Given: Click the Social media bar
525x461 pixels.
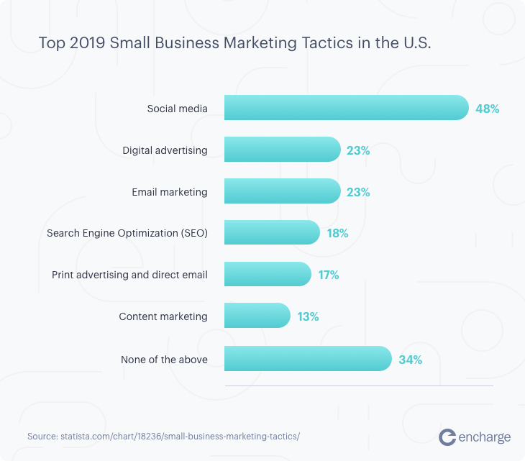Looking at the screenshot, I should point(346,108).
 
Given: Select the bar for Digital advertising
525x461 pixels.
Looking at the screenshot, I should point(282,150).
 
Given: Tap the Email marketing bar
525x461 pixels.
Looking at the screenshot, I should point(282,191).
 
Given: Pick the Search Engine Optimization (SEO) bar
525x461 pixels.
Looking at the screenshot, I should point(272,233).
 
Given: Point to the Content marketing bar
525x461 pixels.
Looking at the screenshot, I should point(257,316).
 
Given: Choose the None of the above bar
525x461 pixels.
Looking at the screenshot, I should point(308,358).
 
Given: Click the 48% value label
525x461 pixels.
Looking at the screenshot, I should point(487,109).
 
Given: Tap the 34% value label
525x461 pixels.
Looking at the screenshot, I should point(410,359).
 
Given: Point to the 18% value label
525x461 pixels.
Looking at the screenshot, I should point(337,234).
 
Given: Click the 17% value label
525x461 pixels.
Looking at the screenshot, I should point(328,275).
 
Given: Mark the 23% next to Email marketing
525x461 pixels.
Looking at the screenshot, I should point(357,192).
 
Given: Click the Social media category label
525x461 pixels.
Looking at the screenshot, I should point(177,109).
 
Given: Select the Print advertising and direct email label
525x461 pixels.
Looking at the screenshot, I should point(129,275).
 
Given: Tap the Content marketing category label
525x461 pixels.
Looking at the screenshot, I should point(163,316).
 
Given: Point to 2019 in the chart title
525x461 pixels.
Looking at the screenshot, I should point(85,42).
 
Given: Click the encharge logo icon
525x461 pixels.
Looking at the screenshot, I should point(447,437).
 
